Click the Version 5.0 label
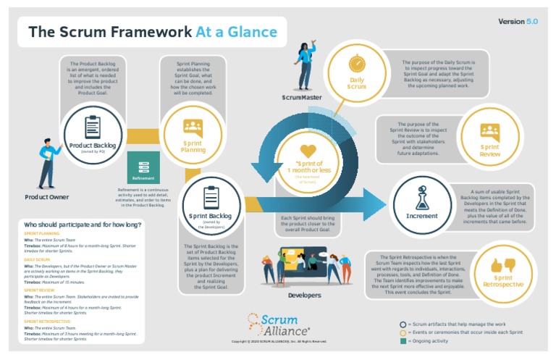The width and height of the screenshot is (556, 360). click(x=518, y=22)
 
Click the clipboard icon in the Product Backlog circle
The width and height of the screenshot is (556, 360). click(x=93, y=127)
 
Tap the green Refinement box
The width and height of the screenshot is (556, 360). click(x=143, y=169)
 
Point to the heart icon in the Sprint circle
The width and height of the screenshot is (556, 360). click(x=308, y=151)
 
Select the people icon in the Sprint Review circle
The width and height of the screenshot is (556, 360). click(x=490, y=132)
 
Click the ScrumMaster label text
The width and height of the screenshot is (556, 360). click(x=303, y=97)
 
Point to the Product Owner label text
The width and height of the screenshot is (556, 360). click(x=46, y=197)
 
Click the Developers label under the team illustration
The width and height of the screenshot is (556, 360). click(x=304, y=296)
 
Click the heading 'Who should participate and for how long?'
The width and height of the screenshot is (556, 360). click(x=83, y=225)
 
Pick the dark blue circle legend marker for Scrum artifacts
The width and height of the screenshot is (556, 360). click(x=403, y=324)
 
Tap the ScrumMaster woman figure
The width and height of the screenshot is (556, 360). click(x=305, y=65)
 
